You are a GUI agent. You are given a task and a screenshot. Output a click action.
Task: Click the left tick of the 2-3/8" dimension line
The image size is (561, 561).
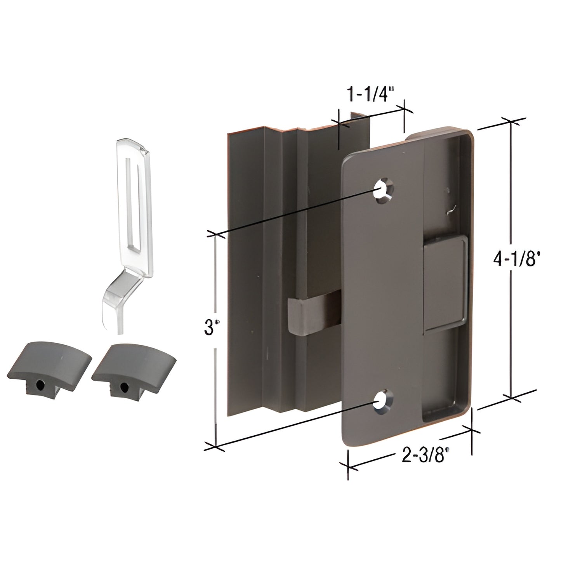coord(348,466)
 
